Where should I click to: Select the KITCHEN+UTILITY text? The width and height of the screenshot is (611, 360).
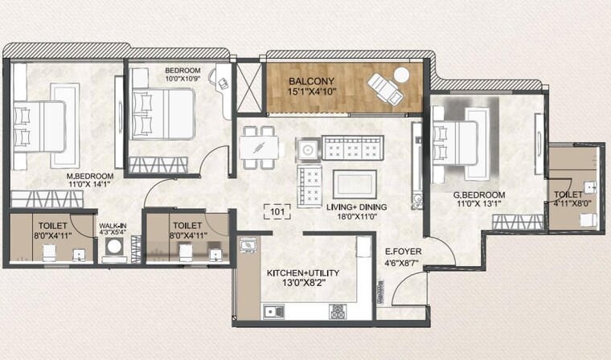(302, 273)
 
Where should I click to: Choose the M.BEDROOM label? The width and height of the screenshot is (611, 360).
(89, 176)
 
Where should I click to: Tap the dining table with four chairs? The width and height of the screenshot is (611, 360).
(258, 148)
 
